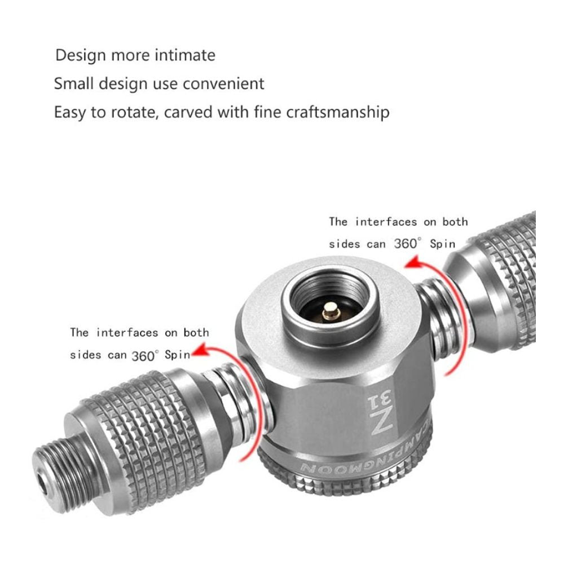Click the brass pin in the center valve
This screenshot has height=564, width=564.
(331, 312)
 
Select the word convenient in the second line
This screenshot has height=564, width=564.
(223, 83)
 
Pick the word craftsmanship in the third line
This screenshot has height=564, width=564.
(338, 112)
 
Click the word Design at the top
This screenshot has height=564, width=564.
(81, 56)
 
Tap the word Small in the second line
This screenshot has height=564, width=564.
(74, 83)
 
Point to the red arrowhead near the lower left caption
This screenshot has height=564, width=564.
(201, 350)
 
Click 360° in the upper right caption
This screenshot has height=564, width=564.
(407, 244)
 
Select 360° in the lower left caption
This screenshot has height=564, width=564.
(144, 356)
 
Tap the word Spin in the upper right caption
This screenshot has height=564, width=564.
(443, 244)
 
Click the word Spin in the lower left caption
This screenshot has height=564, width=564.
(177, 355)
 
